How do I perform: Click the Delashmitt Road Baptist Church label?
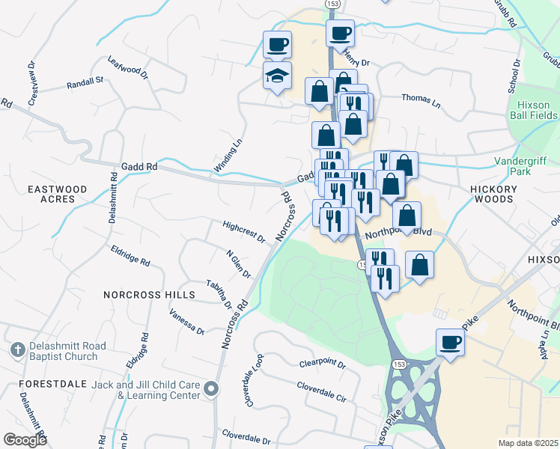[x=64, y=351]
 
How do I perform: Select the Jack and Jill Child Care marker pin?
[x=212, y=388]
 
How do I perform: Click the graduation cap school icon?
[x=277, y=76]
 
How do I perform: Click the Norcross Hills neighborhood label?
[x=150, y=295]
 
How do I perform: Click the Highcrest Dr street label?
[x=244, y=231]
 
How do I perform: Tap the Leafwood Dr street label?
[x=128, y=69]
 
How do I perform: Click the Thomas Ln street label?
[x=420, y=97]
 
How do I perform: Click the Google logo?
[x=25, y=440]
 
